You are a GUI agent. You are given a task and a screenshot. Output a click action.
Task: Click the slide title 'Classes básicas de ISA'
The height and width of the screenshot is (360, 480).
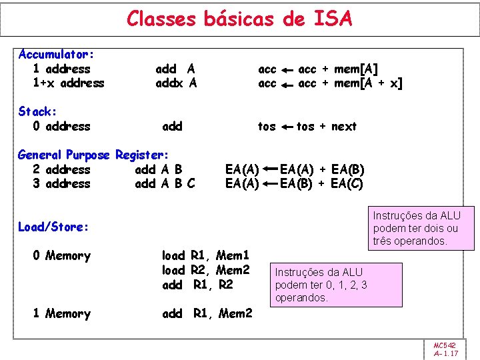pos(239,19)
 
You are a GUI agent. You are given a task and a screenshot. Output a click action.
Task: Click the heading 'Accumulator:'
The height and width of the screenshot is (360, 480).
pos(56,54)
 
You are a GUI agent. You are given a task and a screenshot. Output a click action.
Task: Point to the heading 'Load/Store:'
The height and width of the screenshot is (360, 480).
pos(53,227)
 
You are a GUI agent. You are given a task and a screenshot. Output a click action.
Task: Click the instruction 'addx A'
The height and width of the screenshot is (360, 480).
pos(176,83)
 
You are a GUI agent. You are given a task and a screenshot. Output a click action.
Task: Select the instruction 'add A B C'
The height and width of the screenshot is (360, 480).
pos(165,184)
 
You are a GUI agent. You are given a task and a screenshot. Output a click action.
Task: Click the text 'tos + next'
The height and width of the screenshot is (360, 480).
pos(327,127)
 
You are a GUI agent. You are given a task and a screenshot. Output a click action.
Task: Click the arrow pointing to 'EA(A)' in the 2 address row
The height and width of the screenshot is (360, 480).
pos(269,169)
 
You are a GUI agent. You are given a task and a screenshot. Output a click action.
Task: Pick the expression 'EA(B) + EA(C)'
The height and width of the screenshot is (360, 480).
pos(321,184)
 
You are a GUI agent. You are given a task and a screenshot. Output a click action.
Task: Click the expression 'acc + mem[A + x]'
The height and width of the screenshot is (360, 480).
pos(350,83)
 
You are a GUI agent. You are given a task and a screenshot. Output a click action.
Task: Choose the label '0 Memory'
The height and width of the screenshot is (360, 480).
pos(61,256)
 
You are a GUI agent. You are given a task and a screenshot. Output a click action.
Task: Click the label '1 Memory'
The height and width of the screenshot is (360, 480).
pos(61,314)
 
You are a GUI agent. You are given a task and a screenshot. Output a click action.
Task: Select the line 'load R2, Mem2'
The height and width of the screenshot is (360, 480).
pos(206,270)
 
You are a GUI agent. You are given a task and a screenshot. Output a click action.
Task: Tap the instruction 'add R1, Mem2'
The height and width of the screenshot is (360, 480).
pos(207,314)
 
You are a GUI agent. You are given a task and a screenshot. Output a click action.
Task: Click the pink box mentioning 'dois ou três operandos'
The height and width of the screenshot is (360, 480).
pos(421,228)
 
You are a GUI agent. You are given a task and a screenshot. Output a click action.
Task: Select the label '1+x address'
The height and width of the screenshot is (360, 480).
pos(68,83)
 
